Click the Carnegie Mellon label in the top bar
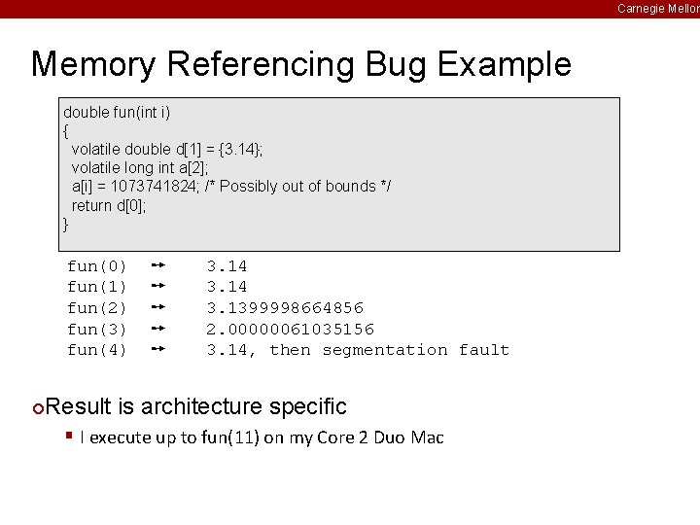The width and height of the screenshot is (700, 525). point(657,9)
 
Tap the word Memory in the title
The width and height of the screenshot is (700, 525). point(92,65)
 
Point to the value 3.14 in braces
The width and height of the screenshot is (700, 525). point(238,149)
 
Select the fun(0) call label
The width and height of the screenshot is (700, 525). point(96,266)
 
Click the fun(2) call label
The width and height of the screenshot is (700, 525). point(96,308)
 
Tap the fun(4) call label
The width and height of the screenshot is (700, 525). point(96,350)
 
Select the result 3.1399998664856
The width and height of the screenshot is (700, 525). point(285,308)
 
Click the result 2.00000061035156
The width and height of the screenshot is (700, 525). point(290,329)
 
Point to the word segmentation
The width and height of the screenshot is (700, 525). point(385,350)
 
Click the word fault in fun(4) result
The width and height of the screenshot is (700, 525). point(483,350)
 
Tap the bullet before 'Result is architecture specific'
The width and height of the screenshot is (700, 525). point(37,406)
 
